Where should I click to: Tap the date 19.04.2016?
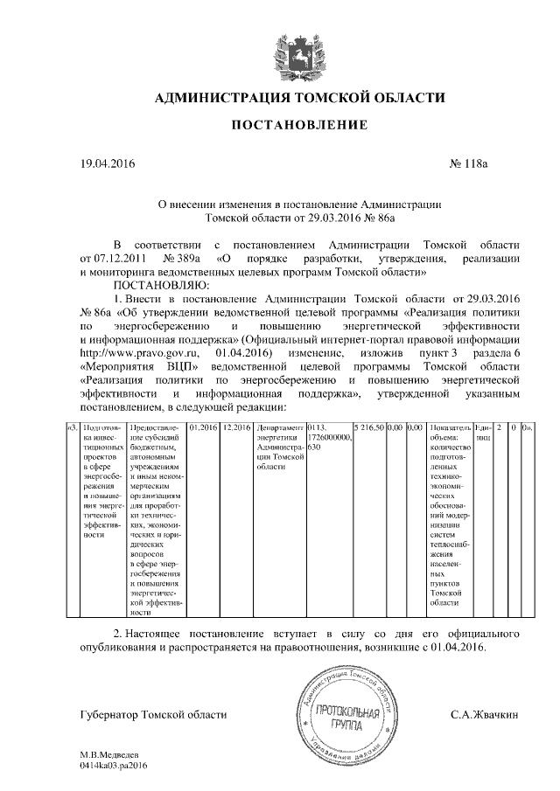[108, 163]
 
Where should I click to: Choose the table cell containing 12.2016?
[236, 428]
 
